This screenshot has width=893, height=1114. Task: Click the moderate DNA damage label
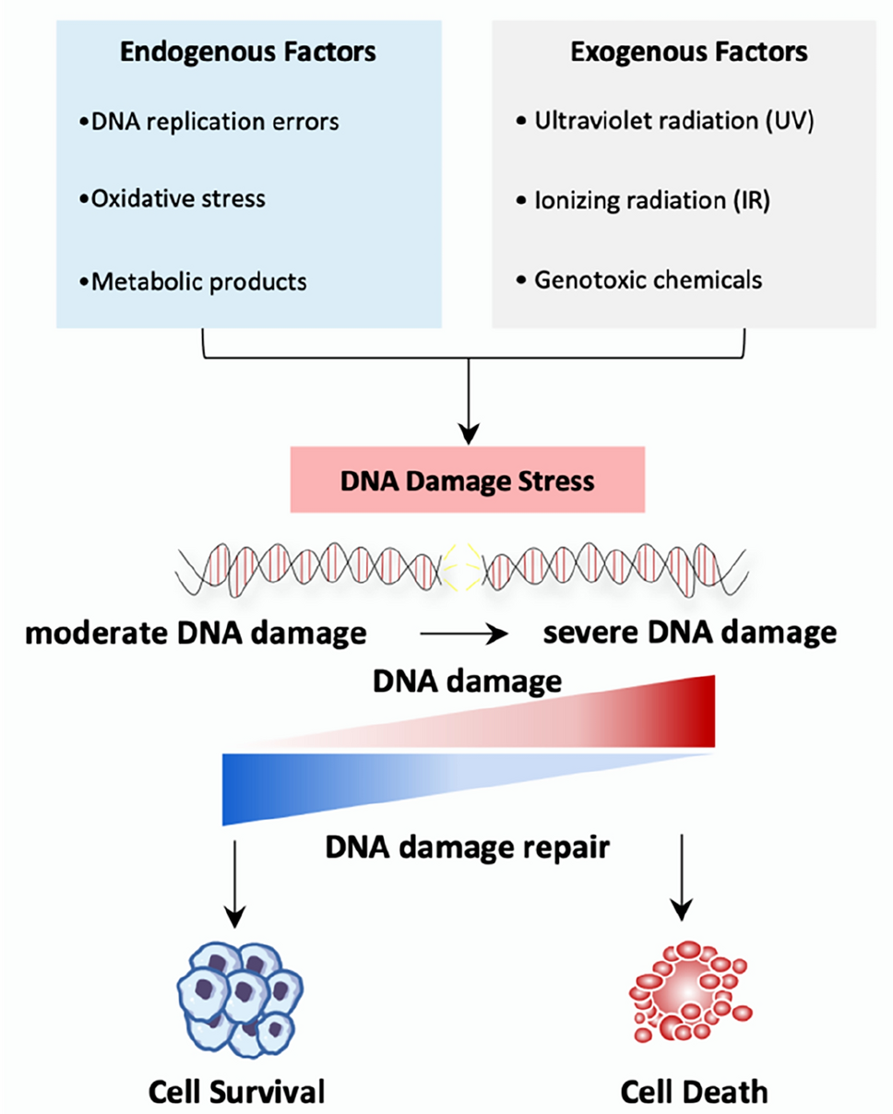pos(190,634)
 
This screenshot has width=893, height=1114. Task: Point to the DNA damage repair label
pos(468,846)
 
